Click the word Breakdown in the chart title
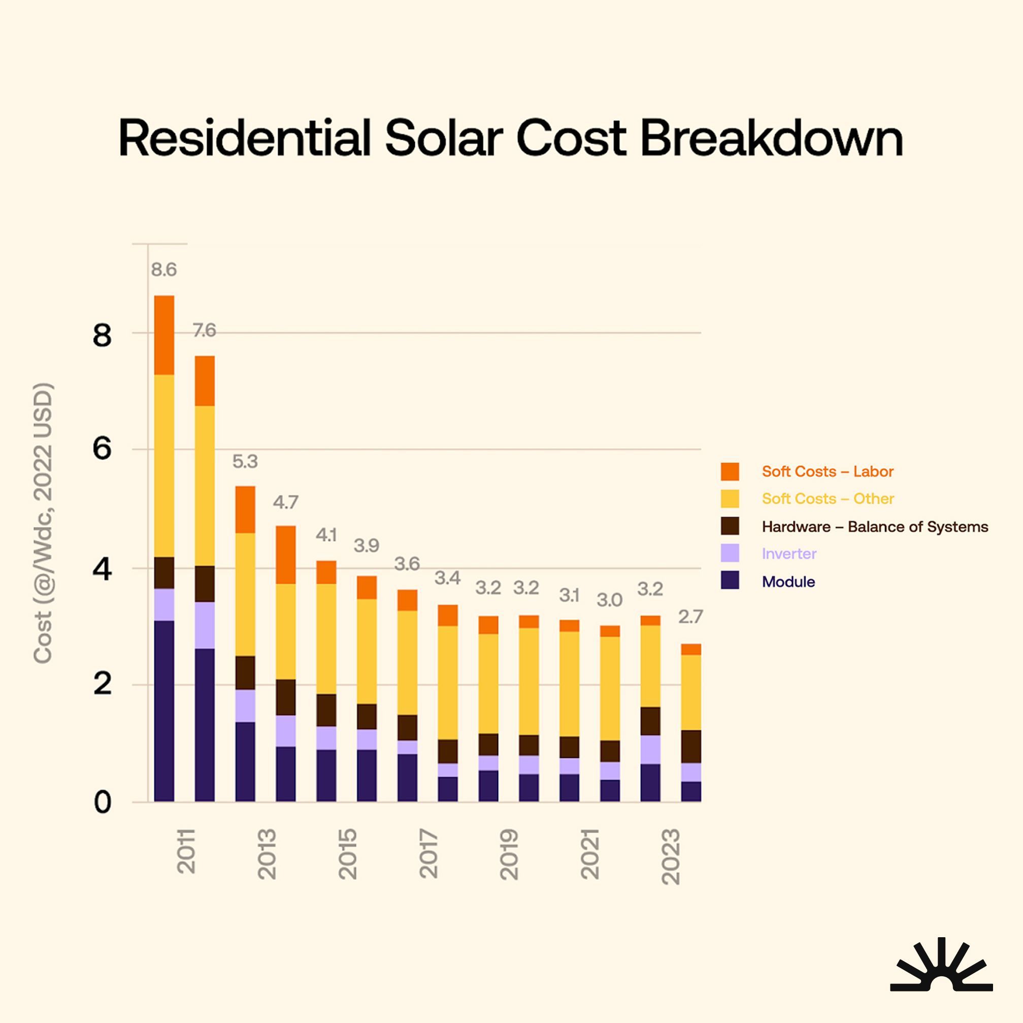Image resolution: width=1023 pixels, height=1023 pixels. point(772,138)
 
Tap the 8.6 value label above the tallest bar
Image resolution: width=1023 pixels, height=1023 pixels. point(163,270)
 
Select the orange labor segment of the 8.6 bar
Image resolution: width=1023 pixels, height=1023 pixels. point(163,335)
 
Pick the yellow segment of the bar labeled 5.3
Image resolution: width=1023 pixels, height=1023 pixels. point(245,594)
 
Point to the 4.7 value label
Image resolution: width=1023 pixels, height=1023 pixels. point(285,502)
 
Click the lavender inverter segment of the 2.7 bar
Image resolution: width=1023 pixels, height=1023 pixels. point(690,772)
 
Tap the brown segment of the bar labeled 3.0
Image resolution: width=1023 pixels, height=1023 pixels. point(609,751)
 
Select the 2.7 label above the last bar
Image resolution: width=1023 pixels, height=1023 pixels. point(690,617)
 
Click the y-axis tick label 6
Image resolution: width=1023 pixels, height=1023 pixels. point(102,449)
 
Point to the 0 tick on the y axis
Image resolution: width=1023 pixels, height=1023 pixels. point(102,803)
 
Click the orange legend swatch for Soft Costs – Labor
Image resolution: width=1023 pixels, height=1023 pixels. point(730,471)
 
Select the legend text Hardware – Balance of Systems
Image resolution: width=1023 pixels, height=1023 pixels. point(875,527)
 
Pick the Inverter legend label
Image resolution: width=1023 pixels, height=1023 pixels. point(789,554)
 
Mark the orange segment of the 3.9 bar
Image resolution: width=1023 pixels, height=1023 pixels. point(367,587)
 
